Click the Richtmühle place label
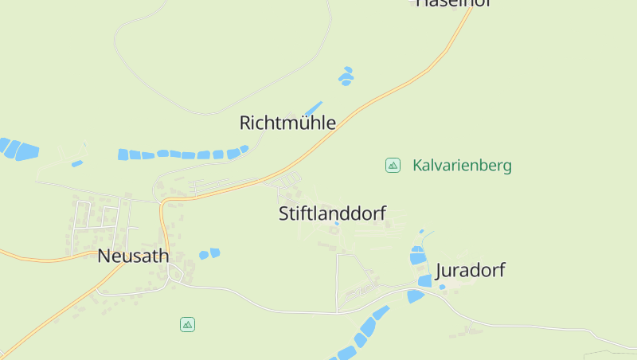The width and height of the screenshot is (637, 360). pos(287,123)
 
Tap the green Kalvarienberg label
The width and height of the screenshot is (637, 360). pos(462,166)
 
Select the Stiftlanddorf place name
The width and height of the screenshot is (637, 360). pos(332,213)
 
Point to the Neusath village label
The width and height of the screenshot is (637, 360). pos(133,256)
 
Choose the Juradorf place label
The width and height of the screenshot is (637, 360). pos(470,270)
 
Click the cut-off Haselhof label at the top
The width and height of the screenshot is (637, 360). pos(451,3)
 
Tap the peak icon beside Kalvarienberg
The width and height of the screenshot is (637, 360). pos(393,165)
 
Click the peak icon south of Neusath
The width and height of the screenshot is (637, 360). pos(187,324)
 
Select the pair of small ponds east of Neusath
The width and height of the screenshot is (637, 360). pos(209,254)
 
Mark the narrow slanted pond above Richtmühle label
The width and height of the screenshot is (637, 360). pos(314,108)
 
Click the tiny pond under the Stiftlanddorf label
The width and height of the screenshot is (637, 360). pos(337,224)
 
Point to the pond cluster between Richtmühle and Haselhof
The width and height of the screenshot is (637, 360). pos(346,76)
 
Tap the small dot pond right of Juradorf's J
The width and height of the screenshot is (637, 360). pos(443,287)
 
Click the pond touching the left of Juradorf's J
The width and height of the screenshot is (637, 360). pos(424,280)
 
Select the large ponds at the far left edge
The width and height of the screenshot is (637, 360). pos(19,149)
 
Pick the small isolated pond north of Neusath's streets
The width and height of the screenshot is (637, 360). pos(77,163)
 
